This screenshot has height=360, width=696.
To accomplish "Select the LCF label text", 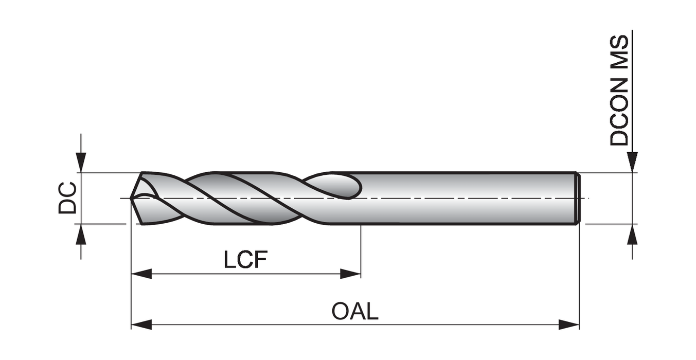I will point(245,260).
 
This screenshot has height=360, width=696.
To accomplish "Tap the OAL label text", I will point(355,312).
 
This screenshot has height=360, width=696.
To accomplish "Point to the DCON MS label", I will point(619,91).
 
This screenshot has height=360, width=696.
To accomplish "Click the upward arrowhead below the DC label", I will point(81,235).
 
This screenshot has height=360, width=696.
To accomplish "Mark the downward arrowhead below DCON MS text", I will point(633,162).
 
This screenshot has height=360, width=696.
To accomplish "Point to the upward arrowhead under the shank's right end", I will point(633,235).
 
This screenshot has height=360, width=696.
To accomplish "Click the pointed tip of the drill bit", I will point(132,197).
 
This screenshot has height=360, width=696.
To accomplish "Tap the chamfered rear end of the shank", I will point(578,198).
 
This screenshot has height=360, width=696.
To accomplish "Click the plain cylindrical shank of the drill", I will point(463,198).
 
